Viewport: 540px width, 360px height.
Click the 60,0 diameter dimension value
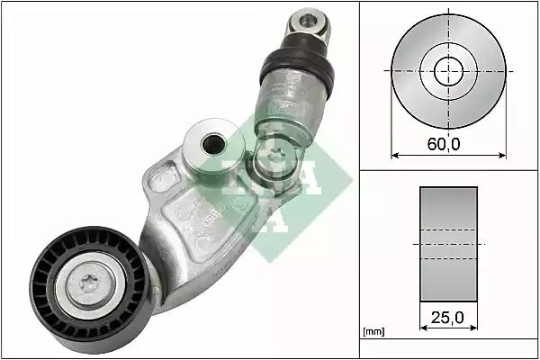[444, 144]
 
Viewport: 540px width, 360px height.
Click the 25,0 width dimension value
[447, 318]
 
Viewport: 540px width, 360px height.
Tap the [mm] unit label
[373, 331]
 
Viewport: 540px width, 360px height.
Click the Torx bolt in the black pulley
[90, 285]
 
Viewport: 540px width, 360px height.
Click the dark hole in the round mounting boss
[213, 144]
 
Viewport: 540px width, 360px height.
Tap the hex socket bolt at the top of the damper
[308, 22]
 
